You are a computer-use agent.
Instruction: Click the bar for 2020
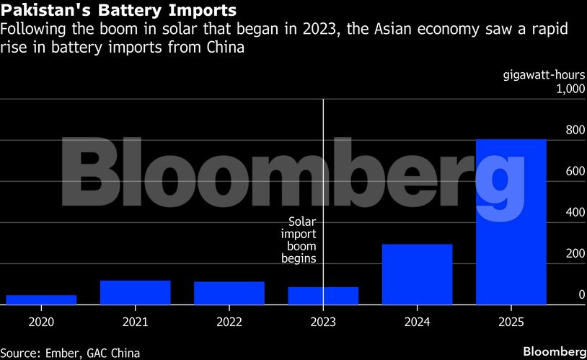tap(41, 299)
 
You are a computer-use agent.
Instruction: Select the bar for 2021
tap(135, 292)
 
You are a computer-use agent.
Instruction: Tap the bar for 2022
tap(229, 293)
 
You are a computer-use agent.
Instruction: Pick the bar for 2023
tap(323, 296)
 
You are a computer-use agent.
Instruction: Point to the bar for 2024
tap(417, 274)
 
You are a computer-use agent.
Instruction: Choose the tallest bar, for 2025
tap(511, 221)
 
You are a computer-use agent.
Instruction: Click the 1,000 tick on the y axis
tap(570, 89)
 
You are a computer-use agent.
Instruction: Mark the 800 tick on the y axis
tap(575, 130)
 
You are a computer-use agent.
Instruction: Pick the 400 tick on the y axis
tap(575, 212)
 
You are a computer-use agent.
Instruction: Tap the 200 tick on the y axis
tap(575, 253)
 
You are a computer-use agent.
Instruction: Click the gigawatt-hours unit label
tap(543, 75)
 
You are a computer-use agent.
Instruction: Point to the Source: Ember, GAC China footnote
tap(70, 352)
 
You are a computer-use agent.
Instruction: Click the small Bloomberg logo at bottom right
tap(554, 351)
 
